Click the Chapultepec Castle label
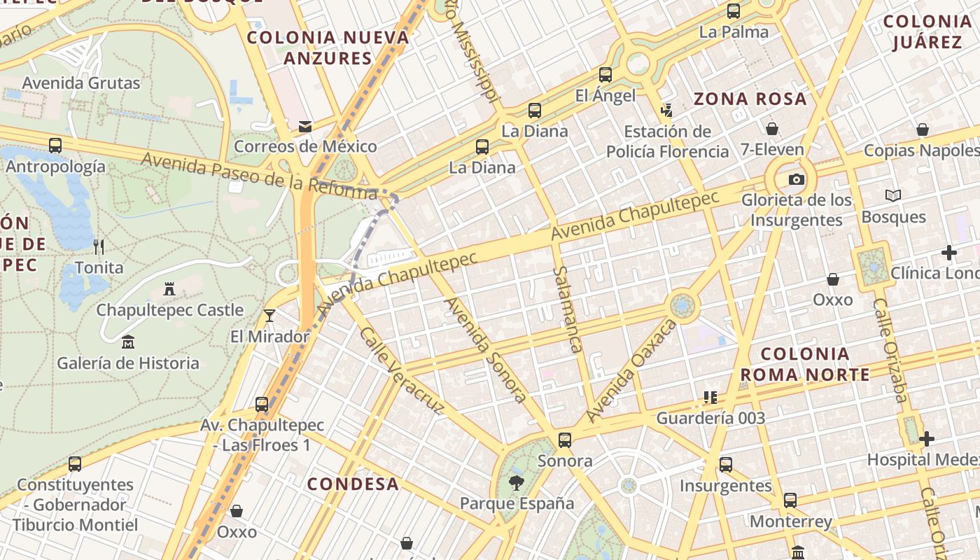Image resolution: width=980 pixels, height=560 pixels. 169,310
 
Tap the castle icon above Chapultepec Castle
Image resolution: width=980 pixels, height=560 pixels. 169,288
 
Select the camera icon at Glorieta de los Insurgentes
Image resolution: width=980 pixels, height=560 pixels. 796,180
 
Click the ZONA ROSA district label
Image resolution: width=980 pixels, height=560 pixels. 750,99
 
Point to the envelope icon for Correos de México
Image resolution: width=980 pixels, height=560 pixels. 305,127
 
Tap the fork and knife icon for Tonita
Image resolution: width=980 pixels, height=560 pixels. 99,246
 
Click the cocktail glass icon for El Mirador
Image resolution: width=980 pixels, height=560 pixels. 269,316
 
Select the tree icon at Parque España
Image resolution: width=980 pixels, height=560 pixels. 517,482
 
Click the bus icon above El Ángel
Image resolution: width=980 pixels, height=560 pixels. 605,75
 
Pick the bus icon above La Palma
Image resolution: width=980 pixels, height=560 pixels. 734,11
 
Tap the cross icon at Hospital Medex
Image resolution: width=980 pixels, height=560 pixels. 927,439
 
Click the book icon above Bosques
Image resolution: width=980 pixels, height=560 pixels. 893,196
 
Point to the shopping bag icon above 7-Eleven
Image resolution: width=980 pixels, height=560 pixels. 772,129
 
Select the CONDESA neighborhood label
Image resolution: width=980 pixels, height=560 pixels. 353,484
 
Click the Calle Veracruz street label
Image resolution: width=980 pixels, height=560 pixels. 401,370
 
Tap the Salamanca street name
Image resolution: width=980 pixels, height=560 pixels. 567,309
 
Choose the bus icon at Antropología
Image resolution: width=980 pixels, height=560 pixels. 55,146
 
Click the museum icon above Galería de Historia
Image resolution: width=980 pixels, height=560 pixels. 128,342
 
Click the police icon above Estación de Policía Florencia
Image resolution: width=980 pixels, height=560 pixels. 666,110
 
